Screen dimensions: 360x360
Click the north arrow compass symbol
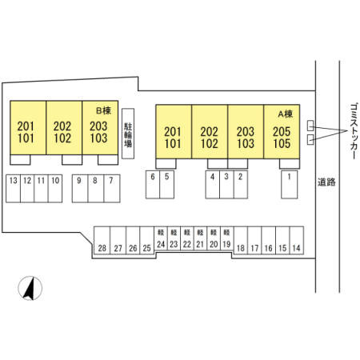tap(30, 288)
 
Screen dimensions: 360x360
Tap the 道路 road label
tap(326, 182)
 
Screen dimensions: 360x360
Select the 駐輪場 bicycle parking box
tap(128, 134)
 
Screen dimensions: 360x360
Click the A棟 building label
tap(286, 114)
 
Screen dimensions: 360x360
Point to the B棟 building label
tap(103, 110)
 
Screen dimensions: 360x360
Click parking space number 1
tap(290, 185)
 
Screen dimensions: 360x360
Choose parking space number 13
tap(13, 189)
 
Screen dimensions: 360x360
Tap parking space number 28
tap(102, 240)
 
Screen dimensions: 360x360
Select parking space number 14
tap(297, 240)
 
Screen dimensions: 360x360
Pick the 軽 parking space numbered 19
tap(227, 238)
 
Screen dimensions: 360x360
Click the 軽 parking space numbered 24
tap(161, 238)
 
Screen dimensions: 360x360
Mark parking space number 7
tap(112, 189)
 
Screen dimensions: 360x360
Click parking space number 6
tap(153, 185)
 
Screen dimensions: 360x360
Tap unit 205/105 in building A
tap(282, 132)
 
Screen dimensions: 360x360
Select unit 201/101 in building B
tap(28, 127)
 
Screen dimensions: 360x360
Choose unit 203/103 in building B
tap(100, 127)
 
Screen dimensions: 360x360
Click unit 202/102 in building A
tap(210, 132)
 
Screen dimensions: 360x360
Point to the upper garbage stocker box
tap(310, 126)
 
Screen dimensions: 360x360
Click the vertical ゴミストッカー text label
tap(354, 131)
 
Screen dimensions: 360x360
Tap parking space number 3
tap(226, 185)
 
